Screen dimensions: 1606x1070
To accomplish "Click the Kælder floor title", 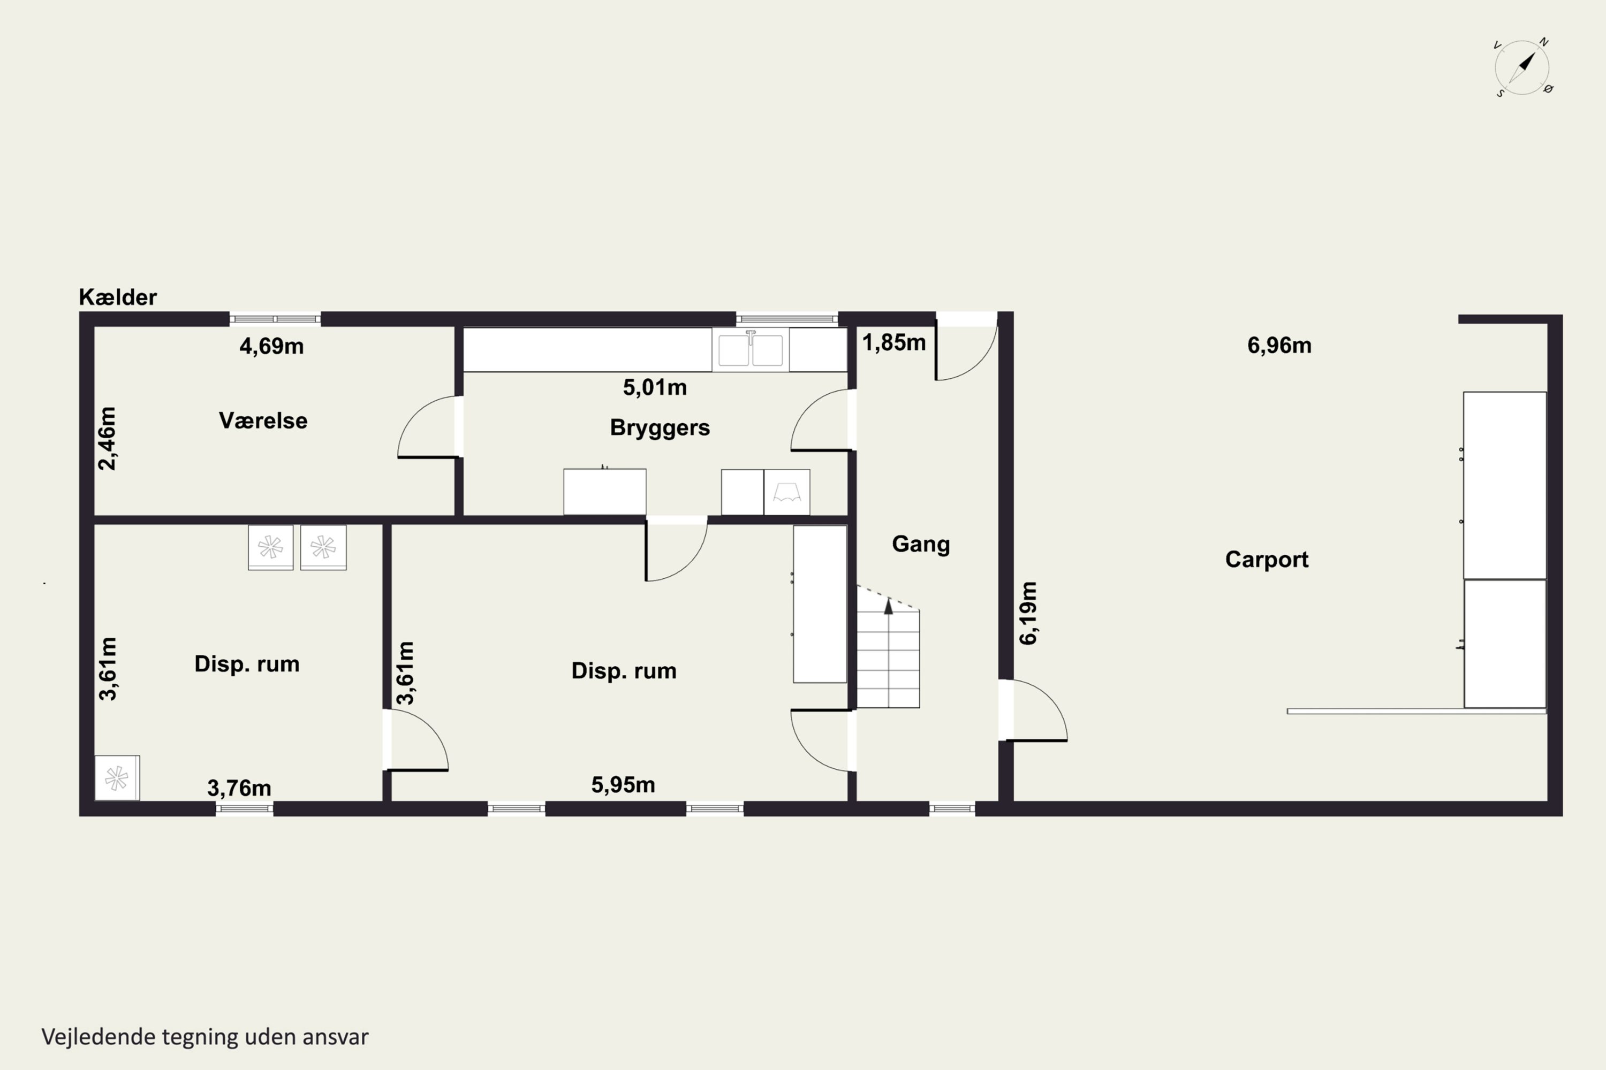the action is [x=117, y=297].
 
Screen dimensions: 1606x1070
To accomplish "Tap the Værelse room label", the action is [x=263, y=421].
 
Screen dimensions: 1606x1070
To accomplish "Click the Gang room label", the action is [x=920, y=544].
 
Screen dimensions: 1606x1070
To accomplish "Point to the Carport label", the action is [x=1267, y=560].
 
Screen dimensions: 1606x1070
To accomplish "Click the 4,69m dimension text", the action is [x=271, y=346].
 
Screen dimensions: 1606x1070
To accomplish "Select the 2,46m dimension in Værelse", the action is [x=107, y=438].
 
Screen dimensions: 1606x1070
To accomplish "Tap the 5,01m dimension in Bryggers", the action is [x=654, y=387].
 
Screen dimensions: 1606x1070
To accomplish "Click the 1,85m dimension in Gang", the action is [x=894, y=342].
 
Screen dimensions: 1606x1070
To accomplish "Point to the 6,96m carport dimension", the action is [x=1279, y=345].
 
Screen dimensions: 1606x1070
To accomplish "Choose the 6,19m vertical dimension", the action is [x=1028, y=613].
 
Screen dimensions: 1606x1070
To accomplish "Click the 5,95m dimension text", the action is [x=623, y=785].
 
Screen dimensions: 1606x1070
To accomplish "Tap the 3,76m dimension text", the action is [x=239, y=788].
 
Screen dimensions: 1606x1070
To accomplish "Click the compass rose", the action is [x=1522, y=67].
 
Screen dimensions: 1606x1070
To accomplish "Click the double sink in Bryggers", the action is [x=751, y=349].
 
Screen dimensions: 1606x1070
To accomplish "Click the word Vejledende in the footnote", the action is [x=99, y=1037].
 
